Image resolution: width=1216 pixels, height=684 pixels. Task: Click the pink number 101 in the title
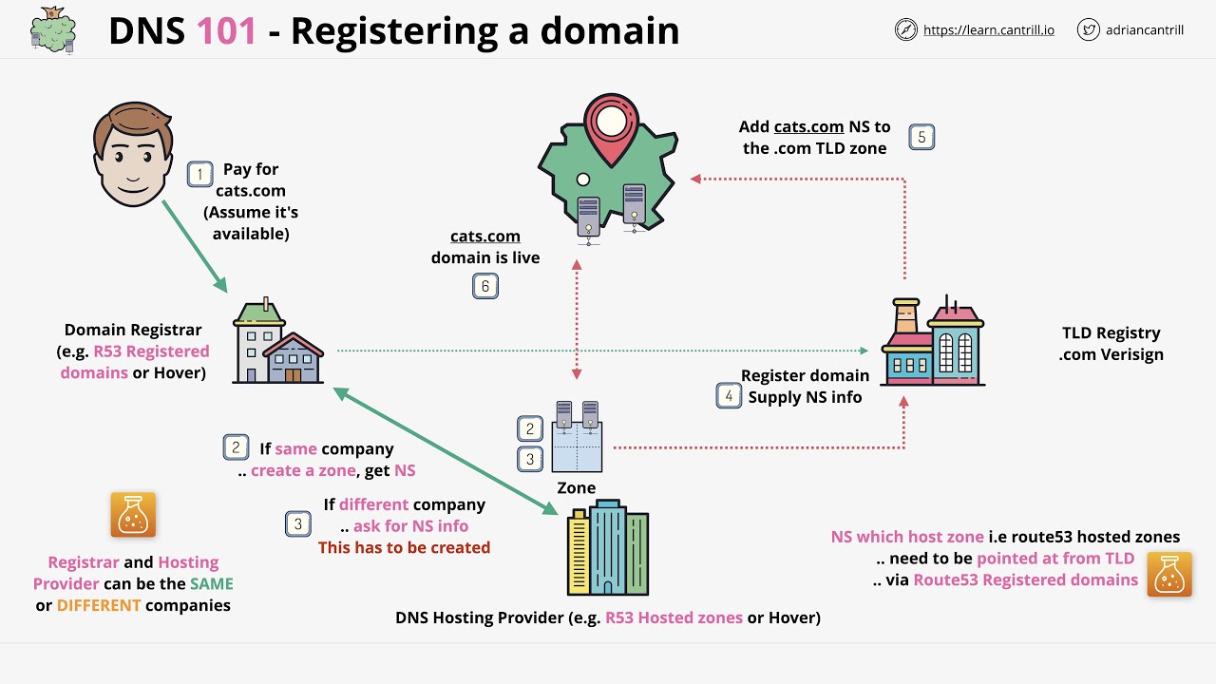pos(226,31)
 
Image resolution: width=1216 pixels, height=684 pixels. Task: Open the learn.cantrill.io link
pos(989,29)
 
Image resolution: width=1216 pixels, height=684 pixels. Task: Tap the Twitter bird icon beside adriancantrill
pos(1089,29)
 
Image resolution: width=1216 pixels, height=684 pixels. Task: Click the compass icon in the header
pos(906,29)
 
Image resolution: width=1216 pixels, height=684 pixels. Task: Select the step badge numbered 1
pos(199,174)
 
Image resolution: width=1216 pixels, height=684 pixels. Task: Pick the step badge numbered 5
pos(921,137)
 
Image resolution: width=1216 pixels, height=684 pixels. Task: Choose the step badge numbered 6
pos(485,286)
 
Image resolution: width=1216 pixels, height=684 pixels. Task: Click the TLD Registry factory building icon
pos(932,341)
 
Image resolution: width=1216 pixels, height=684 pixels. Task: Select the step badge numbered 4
pos(729,395)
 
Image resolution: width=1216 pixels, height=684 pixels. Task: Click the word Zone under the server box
pos(576,488)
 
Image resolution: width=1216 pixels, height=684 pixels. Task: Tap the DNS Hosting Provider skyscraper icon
pos(608,550)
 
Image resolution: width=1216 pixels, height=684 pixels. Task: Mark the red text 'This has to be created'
pos(404,547)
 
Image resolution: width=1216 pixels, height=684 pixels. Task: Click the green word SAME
pos(211,583)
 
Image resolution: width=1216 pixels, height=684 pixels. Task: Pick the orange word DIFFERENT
pos(99,605)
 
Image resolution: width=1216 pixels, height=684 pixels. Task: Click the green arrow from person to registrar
pos(195,246)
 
